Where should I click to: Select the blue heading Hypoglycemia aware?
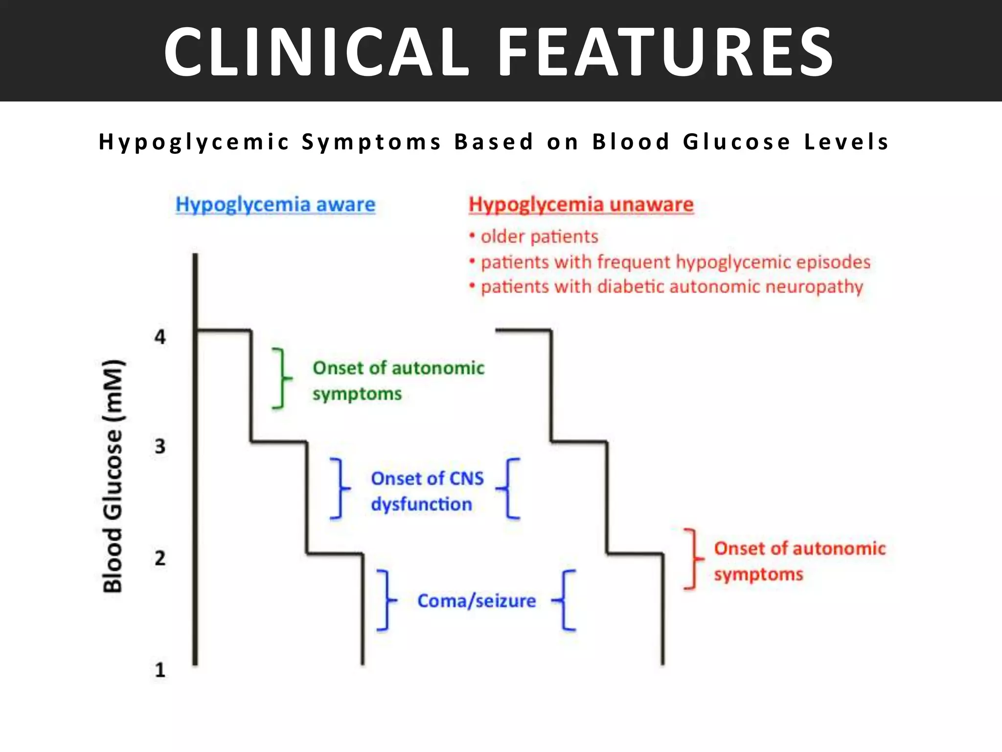[x=275, y=204]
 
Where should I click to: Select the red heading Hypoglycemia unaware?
[x=581, y=204]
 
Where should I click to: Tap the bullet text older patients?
[x=539, y=236]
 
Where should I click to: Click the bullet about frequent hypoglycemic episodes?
[x=675, y=262]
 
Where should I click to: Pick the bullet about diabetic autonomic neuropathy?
[x=671, y=286]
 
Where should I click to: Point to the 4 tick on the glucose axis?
[x=160, y=337]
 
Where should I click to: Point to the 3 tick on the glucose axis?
[x=160, y=446]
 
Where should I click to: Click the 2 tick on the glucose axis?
[x=160, y=558]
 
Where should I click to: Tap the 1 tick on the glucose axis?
[x=160, y=670]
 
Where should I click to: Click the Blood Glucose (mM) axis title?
[x=113, y=476]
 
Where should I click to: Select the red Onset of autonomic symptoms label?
[x=799, y=561]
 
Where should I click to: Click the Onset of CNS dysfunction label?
[x=427, y=491]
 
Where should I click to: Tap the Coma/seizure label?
[x=476, y=601]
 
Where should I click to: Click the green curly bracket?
[x=281, y=378]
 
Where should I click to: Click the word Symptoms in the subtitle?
[x=372, y=142]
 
